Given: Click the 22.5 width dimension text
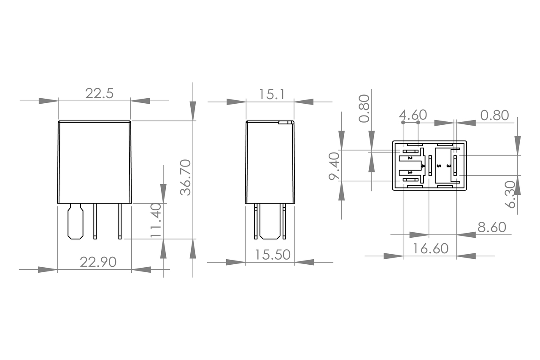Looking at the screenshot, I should (x=100, y=93).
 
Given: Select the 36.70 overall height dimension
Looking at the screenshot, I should (x=186, y=177).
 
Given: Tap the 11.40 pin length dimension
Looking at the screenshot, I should (x=156, y=220).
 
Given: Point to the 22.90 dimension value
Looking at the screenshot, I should (x=98, y=262).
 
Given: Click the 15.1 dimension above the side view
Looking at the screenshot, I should (x=271, y=94).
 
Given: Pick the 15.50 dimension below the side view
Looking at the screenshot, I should (x=273, y=255).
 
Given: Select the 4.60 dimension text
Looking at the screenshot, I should (x=413, y=115).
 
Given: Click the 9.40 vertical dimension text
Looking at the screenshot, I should (x=334, y=166).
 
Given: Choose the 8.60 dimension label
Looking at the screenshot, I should (x=491, y=228).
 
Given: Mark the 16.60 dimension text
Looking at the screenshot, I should (x=430, y=249).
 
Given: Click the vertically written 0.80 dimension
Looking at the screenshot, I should (x=364, y=108).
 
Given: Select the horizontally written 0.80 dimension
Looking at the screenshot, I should (x=494, y=115).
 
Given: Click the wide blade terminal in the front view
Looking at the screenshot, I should (x=75, y=221).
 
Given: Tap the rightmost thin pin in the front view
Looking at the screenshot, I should (x=120, y=221).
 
